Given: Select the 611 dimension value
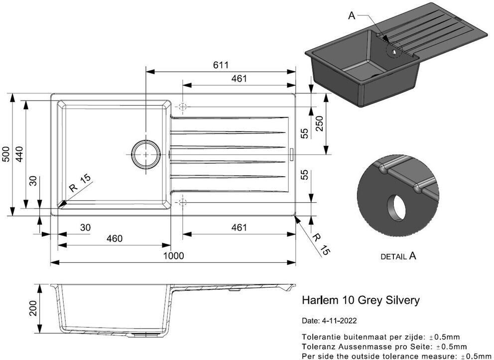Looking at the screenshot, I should coord(221,65).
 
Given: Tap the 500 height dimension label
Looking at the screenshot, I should coord(6,154).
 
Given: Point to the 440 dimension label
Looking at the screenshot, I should coord(19,154).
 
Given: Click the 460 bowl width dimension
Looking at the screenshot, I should coord(114,239).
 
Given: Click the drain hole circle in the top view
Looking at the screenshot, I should coord(146,154).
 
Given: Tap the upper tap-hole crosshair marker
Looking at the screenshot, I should coord(183,107).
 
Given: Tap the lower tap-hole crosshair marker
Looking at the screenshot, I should coord(183,202).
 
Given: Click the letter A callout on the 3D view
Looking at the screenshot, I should coord(352,16).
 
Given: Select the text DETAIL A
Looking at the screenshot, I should coord(398,256).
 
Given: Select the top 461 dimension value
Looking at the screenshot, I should coord(239,78).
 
